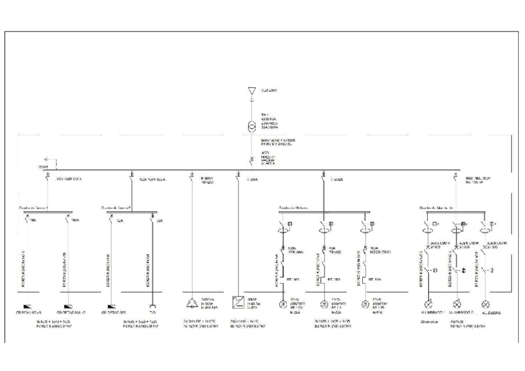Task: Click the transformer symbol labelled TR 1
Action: pos(251,127)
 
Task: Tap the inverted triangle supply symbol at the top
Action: pos(251,90)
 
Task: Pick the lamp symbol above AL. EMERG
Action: pos(486,304)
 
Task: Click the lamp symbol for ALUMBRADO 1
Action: pos(427,304)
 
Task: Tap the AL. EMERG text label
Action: pos(489,313)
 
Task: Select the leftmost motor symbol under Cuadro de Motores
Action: pos(282,304)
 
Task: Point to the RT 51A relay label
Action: pos(375,279)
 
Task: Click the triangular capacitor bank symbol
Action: pos(191,303)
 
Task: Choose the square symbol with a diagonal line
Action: pos(238,303)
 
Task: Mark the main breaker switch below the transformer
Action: pos(251,160)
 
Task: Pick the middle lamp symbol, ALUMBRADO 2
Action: pos(457,304)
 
